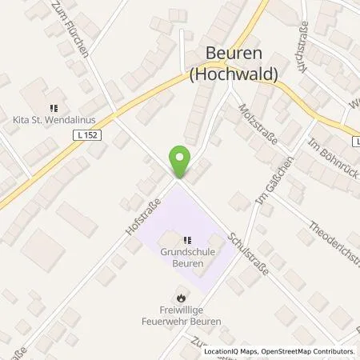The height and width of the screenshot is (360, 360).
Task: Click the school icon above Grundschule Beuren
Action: click(187, 238)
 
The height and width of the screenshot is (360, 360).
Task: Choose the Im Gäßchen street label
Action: click(272, 182)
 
